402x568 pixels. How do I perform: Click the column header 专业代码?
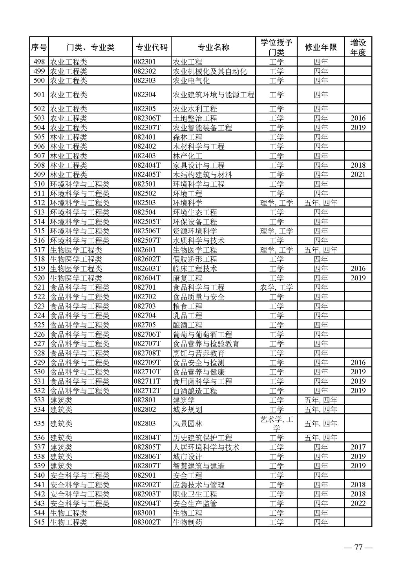pyautogui.click(x=152, y=47)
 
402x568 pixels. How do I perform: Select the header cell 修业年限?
pyautogui.click(x=320, y=47)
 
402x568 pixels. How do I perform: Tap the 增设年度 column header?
pyautogui.click(x=358, y=47)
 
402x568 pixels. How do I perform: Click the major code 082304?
pyautogui.click(x=144, y=95)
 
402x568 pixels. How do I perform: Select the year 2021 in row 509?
pyautogui.click(x=358, y=175)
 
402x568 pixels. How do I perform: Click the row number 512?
pyautogui.click(x=39, y=203)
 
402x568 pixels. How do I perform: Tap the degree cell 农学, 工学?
pyautogui.click(x=276, y=287)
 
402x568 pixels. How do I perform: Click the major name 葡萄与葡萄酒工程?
pyautogui.click(x=202, y=334)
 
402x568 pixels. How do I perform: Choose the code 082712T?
pyautogui.click(x=147, y=391)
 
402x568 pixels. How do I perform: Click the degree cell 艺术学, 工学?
pyautogui.click(x=276, y=424)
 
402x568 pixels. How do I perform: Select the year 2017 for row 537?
pyautogui.click(x=358, y=447)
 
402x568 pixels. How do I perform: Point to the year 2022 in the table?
pyautogui.click(x=358, y=504)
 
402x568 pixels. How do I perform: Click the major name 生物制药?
pyautogui.click(x=188, y=522)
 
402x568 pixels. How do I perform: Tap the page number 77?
pyautogui.click(x=358, y=548)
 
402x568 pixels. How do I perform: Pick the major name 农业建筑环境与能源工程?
pyautogui.click(x=213, y=95)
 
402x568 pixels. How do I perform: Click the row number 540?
pyautogui.click(x=39, y=475)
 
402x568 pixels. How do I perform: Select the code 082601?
pyautogui.click(x=144, y=250)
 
